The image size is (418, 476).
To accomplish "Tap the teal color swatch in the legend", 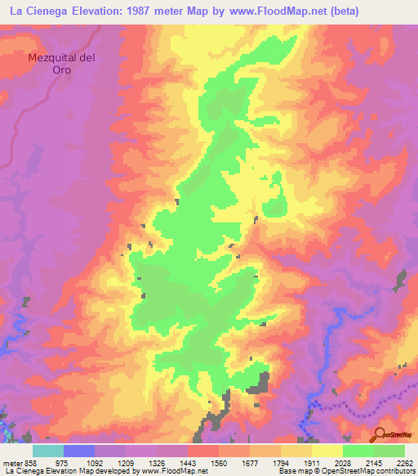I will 48,451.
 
